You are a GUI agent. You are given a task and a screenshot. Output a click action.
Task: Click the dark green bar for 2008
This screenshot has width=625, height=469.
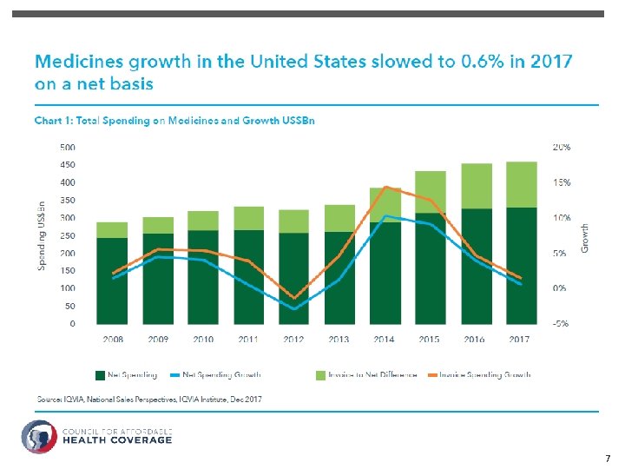click(113, 281)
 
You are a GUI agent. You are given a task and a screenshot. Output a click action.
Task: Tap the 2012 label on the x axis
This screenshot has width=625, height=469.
click(293, 340)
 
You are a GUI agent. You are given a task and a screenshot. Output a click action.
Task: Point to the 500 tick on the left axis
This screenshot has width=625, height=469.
click(67, 147)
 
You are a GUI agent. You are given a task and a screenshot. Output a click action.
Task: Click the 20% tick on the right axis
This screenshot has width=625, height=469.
click(562, 147)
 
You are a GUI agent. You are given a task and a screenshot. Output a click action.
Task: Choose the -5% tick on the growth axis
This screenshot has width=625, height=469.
click(561, 323)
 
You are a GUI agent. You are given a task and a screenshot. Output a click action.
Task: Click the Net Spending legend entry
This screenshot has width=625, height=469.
click(126, 375)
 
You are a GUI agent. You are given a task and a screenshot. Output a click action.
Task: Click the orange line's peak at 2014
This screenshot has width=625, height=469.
click(385, 187)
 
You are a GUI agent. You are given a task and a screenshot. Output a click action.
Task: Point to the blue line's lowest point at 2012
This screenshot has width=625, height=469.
click(294, 309)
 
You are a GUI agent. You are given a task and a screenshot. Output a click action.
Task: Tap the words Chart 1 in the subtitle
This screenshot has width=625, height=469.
click(53, 121)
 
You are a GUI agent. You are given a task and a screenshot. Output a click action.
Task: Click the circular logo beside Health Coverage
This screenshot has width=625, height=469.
click(39, 436)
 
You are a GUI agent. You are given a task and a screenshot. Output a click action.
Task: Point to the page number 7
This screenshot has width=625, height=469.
click(608, 458)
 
